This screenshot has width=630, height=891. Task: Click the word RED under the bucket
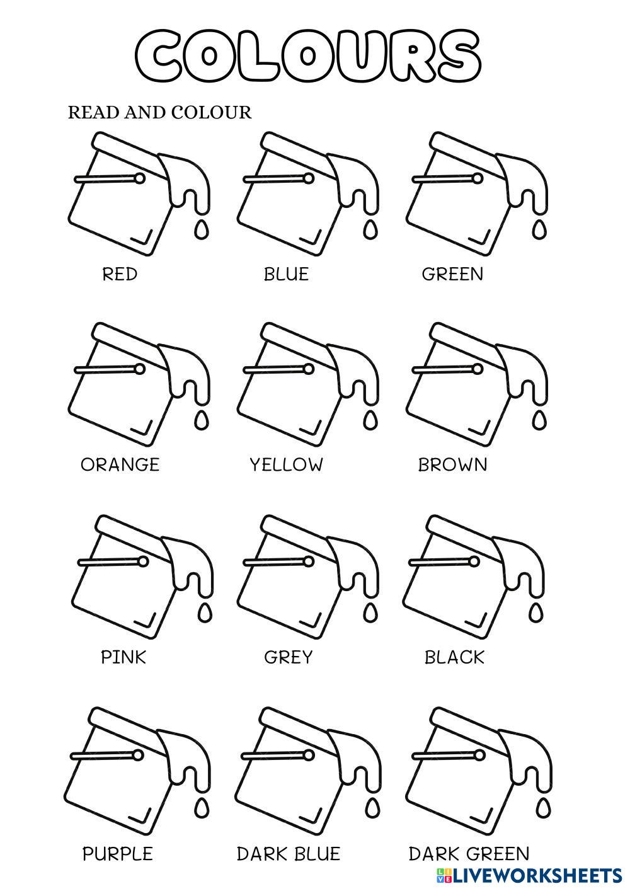tap(120, 274)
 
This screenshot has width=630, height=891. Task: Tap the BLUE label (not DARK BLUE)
tap(286, 274)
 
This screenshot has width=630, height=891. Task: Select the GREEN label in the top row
tap(452, 274)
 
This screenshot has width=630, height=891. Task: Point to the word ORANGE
tap(120, 465)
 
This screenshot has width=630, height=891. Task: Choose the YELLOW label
tap(286, 465)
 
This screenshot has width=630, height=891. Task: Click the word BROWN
tap(453, 465)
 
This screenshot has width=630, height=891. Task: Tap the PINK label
tap(123, 657)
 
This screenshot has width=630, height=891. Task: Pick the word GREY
tap(288, 657)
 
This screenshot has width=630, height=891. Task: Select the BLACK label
tap(454, 657)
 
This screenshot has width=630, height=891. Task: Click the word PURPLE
tap(118, 854)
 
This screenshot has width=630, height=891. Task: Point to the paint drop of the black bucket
tap(536, 612)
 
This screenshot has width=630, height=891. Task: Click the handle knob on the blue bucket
tap(308, 179)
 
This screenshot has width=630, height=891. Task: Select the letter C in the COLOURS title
tap(163, 55)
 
